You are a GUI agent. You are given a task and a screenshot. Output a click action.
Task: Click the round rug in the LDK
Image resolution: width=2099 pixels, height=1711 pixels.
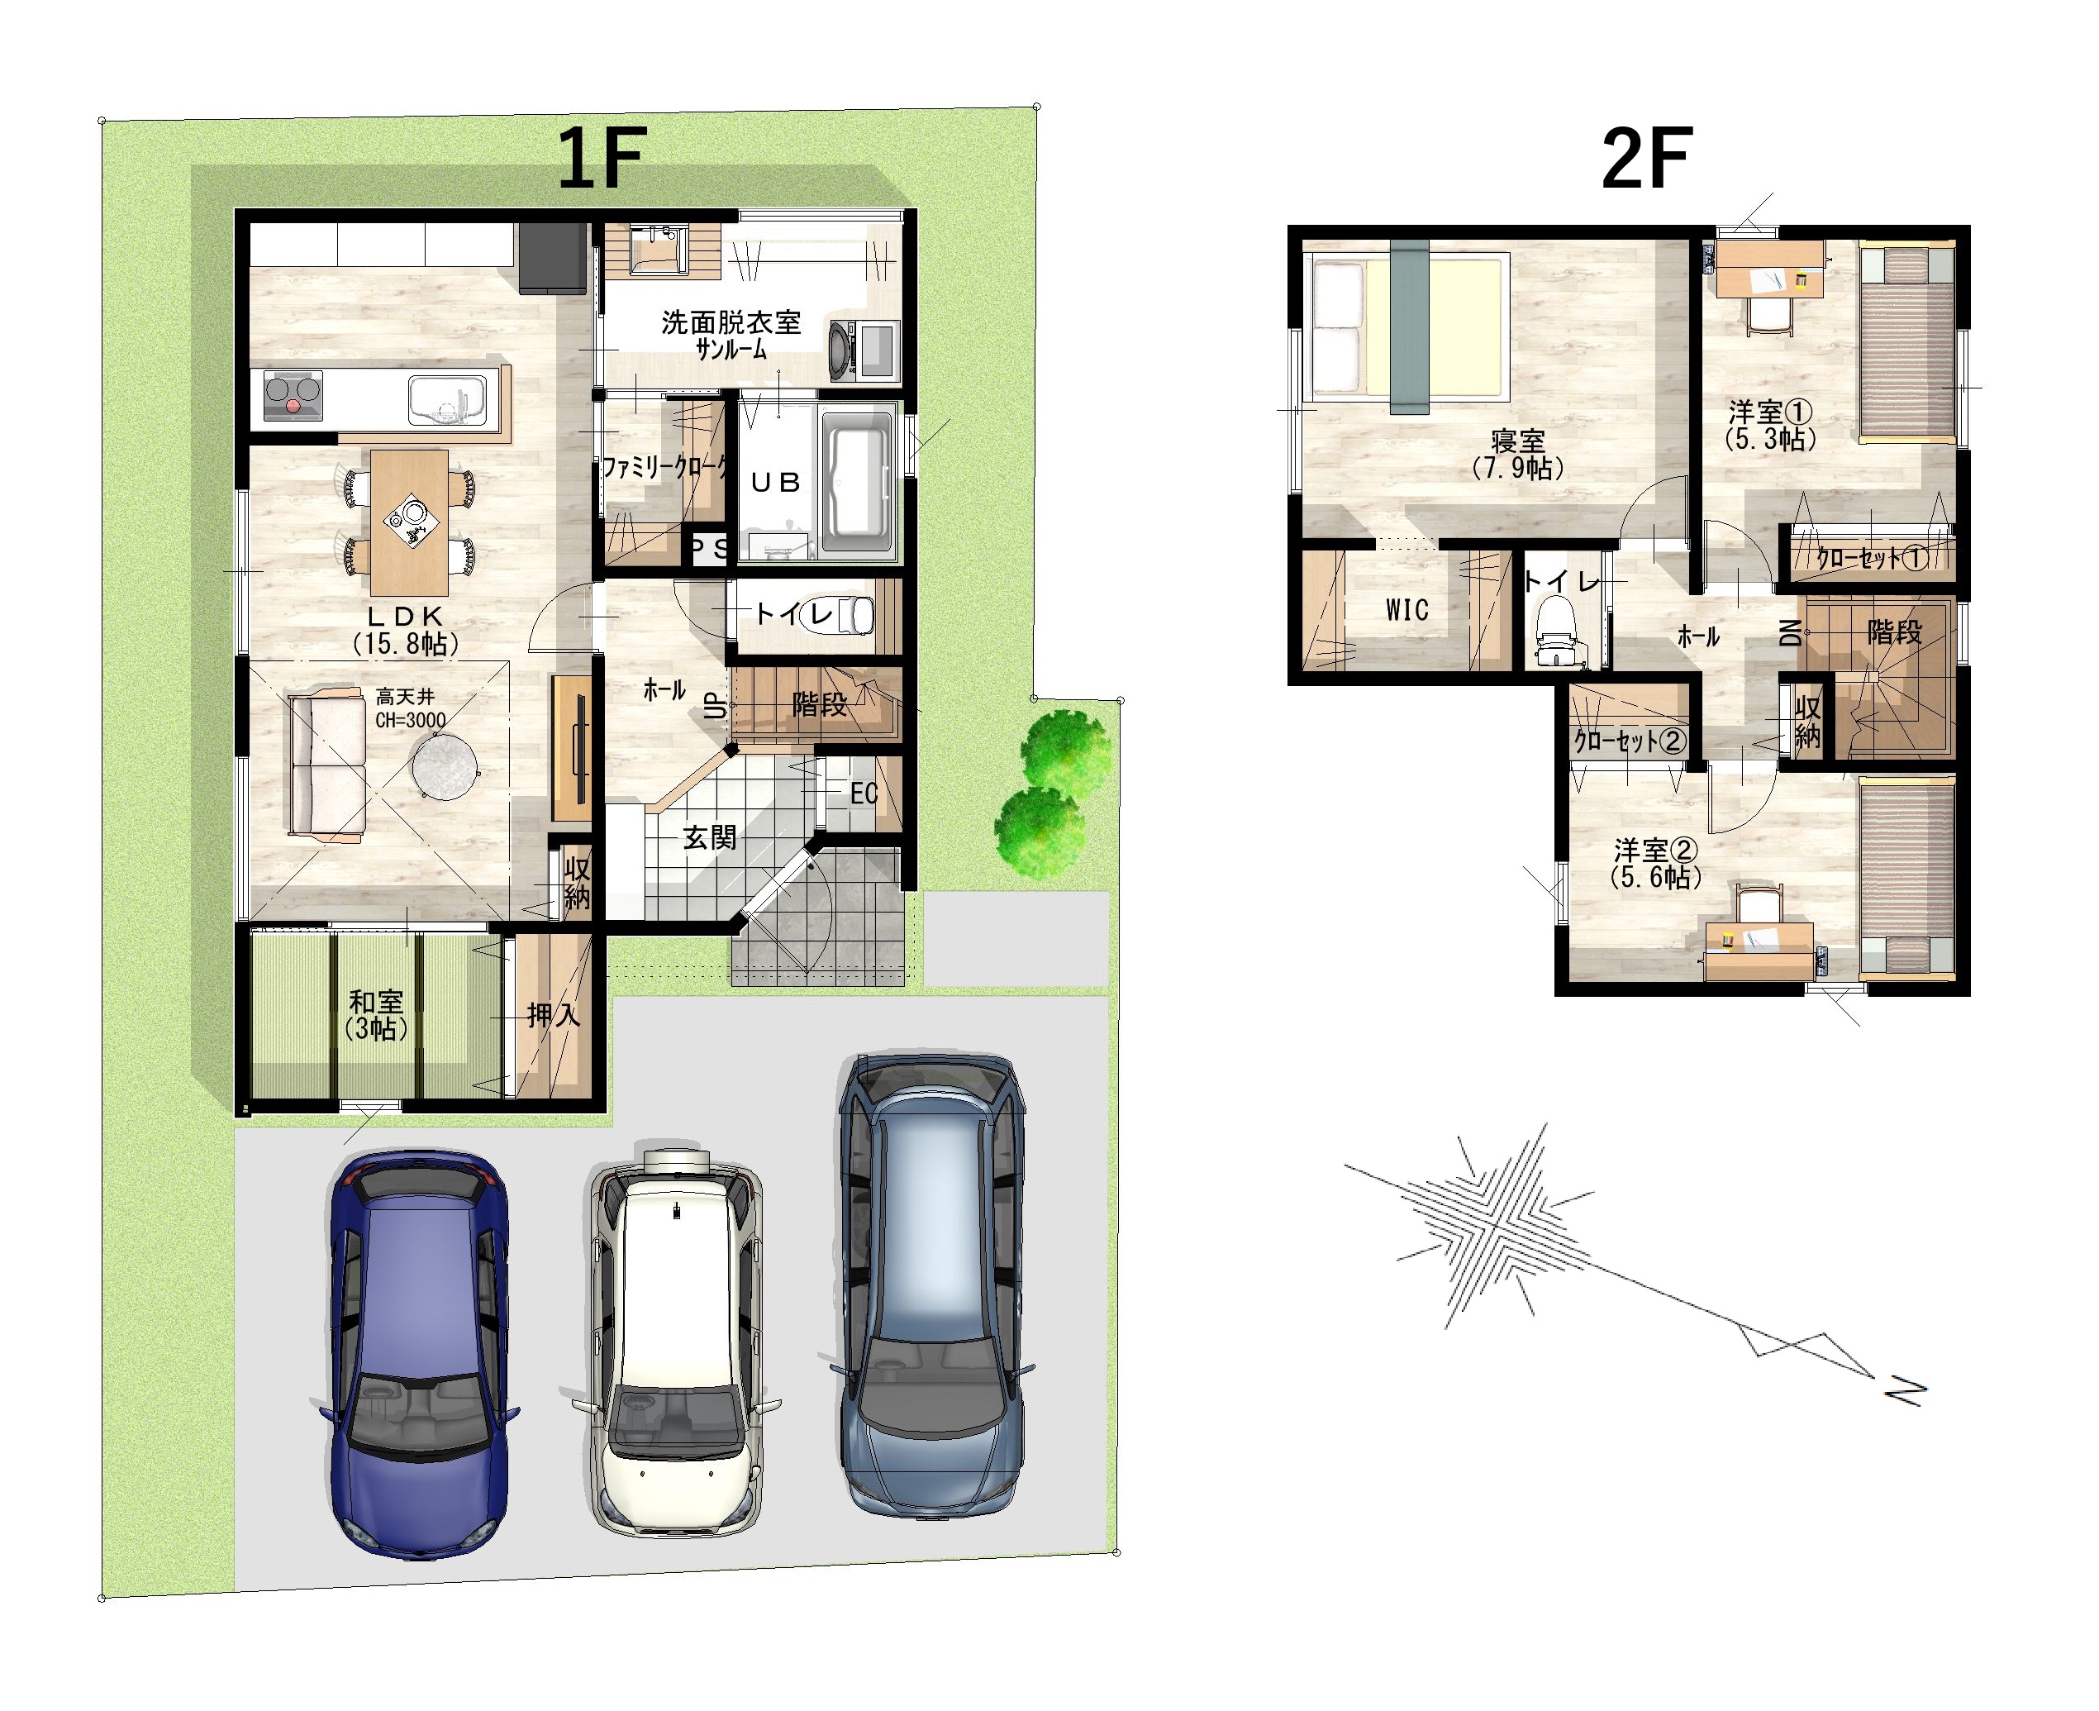[445, 767]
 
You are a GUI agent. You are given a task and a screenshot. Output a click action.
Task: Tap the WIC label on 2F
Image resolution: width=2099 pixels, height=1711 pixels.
[1406, 610]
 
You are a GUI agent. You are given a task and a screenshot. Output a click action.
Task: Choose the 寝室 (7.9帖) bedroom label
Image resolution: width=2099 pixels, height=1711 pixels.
[1517, 455]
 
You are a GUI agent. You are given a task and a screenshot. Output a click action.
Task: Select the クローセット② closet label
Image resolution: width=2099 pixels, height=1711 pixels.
[1630, 740]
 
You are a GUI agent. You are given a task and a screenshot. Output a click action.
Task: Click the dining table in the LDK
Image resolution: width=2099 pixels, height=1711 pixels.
[409, 522]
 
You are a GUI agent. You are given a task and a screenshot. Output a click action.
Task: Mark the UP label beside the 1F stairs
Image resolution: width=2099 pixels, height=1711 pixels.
[716, 706]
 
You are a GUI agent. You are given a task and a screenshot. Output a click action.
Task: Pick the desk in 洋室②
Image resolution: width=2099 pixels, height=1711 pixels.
[1759, 952]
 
